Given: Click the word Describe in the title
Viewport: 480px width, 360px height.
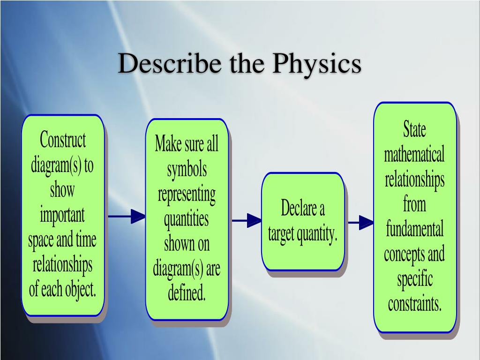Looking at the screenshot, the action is [170, 63].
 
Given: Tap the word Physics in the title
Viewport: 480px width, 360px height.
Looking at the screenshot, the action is [316, 65].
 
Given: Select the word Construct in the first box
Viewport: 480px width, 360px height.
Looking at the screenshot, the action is [63, 140].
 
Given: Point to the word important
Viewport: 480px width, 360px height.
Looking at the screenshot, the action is [62, 216].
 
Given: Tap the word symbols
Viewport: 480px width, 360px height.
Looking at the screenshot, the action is [187, 170].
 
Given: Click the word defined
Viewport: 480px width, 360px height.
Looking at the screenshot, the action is [187, 292].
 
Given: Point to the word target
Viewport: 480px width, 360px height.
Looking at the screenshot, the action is [281, 235].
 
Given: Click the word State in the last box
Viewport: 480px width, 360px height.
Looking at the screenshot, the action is [414, 129].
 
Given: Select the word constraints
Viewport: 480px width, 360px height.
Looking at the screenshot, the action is [415, 304].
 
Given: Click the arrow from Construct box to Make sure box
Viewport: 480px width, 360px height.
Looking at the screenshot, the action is [127, 217].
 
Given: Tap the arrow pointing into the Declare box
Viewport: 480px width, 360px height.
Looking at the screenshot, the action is [247, 220].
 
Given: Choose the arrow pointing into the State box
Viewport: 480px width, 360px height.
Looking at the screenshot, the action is [361, 222].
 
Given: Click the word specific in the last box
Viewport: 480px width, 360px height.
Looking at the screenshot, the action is [415, 280].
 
